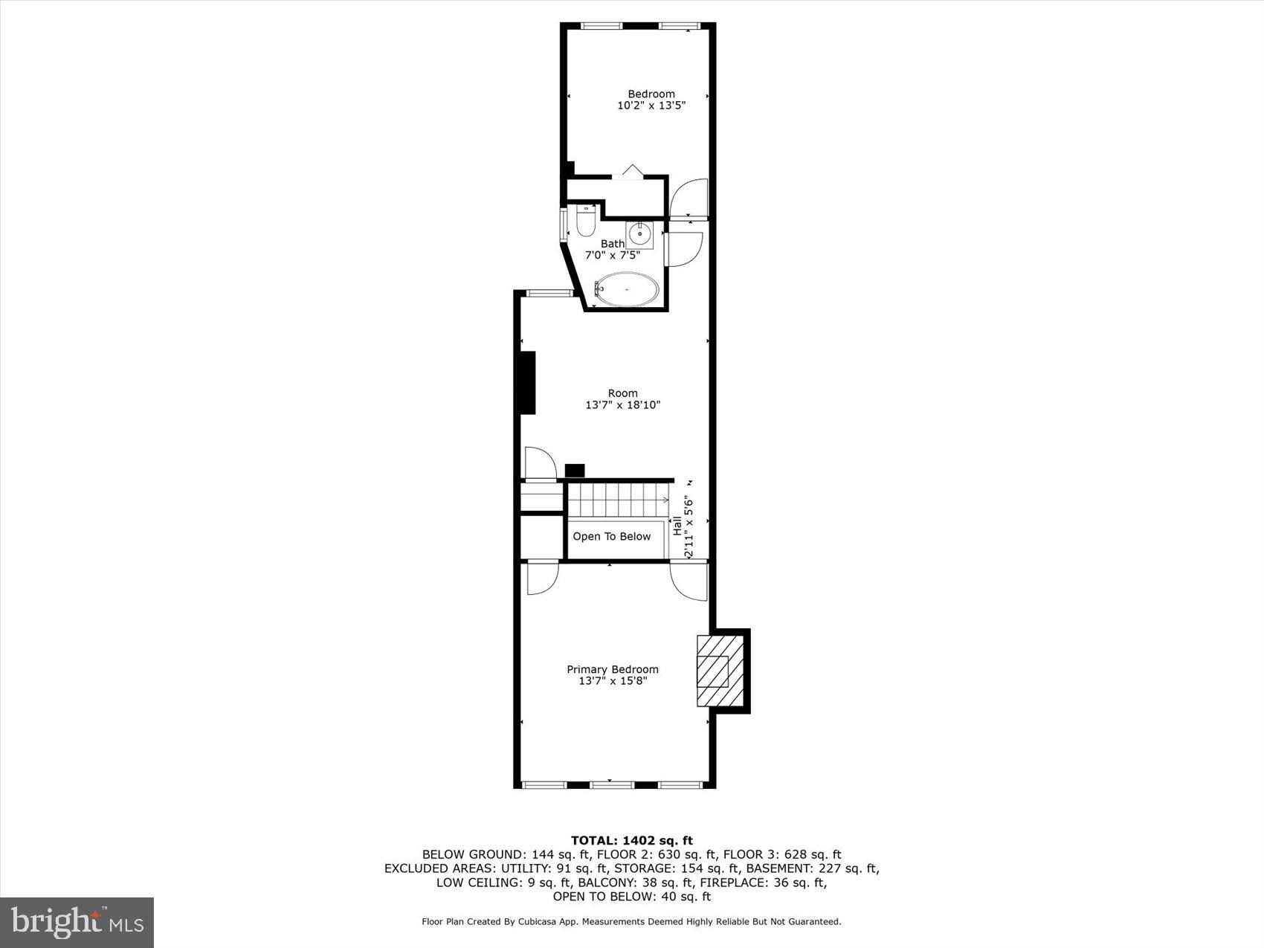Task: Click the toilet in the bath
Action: tap(586, 221)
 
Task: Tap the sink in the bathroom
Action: tap(639, 234)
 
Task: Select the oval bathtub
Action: tap(628, 289)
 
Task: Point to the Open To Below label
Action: tap(611, 536)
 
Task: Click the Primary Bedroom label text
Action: tap(613, 669)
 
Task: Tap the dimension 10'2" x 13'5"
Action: tap(651, 106)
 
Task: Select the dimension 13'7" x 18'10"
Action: tap(622, 405)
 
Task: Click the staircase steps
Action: tap(616, 498)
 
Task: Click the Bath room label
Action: tap(613, 243)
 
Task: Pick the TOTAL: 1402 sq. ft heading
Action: tap(631, 841)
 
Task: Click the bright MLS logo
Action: tap(77, 923)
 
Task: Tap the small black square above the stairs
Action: tap(575, 471)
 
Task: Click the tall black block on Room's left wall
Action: tap(527, 382)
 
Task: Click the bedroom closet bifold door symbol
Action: tap(631, 172)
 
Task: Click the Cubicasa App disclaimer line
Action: tap(631, 921)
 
